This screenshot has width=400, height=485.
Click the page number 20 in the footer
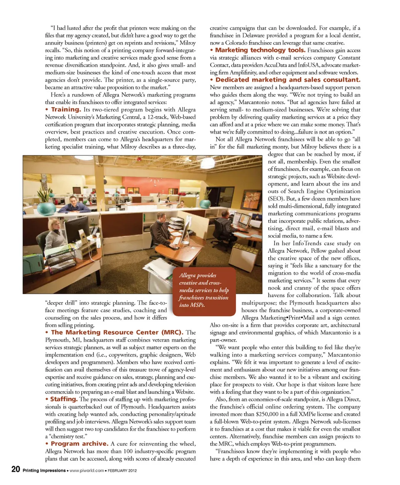click(x=15, y=470)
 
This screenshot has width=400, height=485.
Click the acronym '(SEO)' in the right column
click(x=277, y=198)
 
